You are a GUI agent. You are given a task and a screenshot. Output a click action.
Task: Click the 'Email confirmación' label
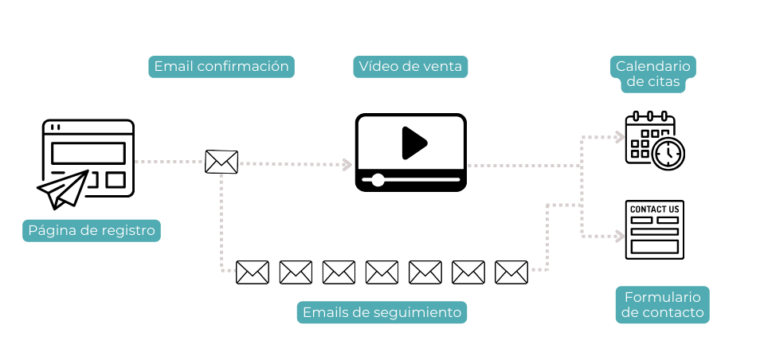(x=221, y=67)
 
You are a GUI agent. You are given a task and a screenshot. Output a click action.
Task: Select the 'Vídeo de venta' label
(x=410, y=67)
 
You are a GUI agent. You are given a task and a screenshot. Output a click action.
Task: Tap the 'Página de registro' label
(x=91, y=231)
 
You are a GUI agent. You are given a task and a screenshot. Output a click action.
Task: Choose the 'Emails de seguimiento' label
(x=382, y=313)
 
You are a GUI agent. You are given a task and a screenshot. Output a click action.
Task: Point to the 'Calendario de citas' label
(x=653, y=74)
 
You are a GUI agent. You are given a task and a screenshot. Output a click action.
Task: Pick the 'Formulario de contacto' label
(x=662, y=305)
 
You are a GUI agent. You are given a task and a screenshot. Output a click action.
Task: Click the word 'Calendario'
(x=653, y=66)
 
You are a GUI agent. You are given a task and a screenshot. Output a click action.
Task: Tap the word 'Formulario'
(x=662, y=297)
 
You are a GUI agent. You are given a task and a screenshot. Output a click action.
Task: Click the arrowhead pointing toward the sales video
(x=347, y=164)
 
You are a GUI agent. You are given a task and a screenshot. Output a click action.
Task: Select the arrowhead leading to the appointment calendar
(x=620, y=137)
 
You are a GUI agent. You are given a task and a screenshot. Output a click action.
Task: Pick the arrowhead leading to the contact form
(x=620, y=236)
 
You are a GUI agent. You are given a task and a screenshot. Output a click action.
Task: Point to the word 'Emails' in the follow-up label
(x=324, y=313)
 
